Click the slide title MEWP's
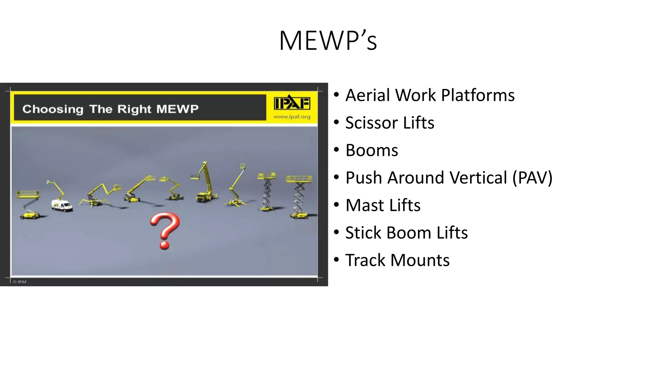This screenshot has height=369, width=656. click(x=328, y=41)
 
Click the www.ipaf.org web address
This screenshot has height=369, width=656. click(x=292, y=117)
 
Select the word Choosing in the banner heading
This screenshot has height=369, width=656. click(x=53, y=109)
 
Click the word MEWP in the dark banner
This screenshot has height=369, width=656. click(x=177, y=109)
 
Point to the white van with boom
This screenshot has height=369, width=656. click(x=61, y=205)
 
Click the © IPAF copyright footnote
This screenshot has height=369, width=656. click(x=20, y=282)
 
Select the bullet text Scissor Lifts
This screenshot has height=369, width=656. click(x=389, y=123)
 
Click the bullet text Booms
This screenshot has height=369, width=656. click(x=372, y=151)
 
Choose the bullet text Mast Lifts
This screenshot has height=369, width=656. click(x=383, y=205)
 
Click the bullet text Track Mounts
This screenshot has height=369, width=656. click(x=397, y=260)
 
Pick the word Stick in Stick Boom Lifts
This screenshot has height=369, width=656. click(x=363, y=233)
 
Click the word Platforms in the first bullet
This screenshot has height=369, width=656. click(x=478, y=95)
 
